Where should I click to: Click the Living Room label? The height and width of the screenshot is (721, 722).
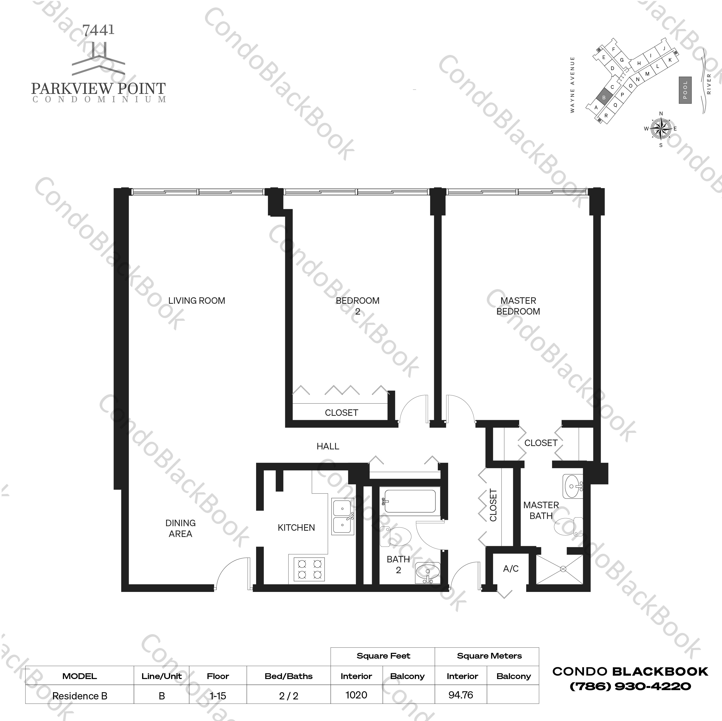197,301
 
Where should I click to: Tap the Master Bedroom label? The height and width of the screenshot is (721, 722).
518,306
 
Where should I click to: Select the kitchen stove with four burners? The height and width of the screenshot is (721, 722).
309,569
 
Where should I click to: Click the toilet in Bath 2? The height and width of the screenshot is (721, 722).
395,537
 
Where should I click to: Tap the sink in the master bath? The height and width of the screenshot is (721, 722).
572,486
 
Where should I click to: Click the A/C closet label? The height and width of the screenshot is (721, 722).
511,569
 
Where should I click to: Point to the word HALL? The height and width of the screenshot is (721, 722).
328,447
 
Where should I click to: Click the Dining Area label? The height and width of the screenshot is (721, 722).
180,528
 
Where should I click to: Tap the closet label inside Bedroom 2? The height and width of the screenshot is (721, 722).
341,413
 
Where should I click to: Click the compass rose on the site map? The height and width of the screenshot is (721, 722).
661,129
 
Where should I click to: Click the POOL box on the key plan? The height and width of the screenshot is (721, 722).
685,90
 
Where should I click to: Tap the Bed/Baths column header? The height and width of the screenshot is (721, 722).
289,676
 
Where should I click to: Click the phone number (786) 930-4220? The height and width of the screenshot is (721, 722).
630,686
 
